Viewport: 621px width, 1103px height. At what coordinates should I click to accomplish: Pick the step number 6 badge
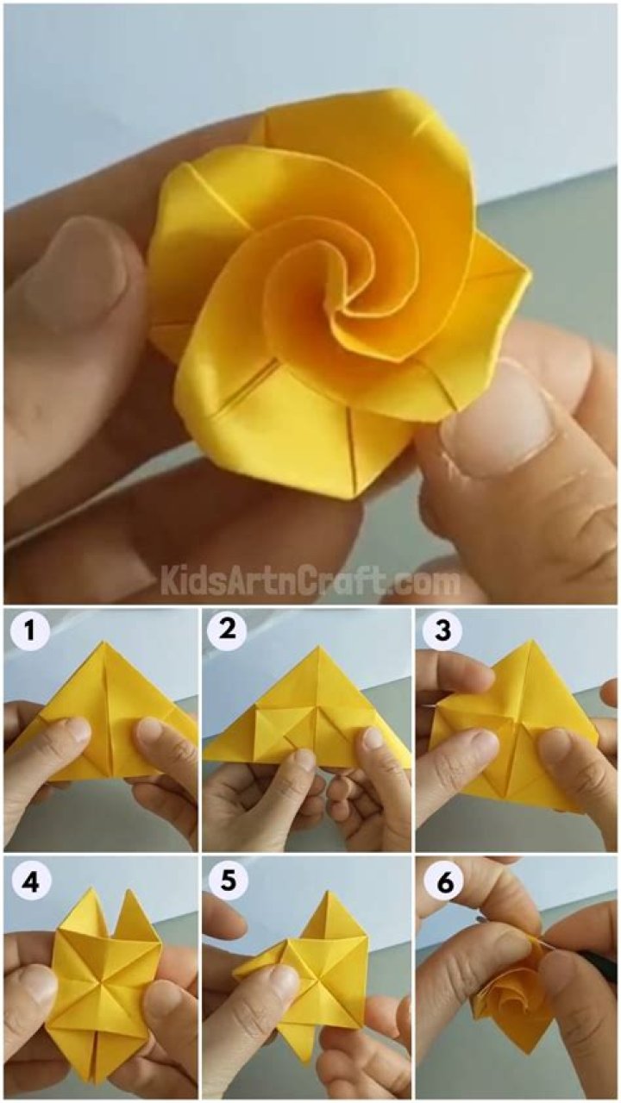click(442, 881)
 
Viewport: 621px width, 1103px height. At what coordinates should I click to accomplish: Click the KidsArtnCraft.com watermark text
click(310, 582)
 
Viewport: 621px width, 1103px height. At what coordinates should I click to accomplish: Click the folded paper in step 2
click(306, 720)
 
